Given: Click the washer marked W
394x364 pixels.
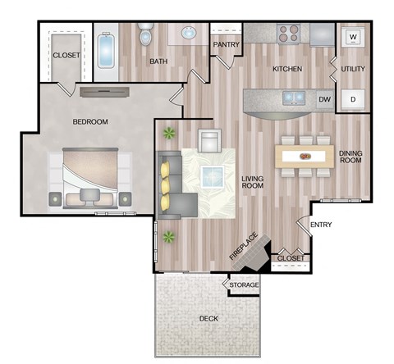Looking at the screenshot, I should coord(353,37).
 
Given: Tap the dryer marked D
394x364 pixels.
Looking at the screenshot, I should coord(353,99).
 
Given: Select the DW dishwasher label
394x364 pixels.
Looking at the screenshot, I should coord(324,99).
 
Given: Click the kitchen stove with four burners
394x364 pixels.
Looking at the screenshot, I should coord(288,34).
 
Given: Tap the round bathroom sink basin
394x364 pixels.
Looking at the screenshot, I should coord(188,34).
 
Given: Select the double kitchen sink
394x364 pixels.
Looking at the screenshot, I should coord(295,98).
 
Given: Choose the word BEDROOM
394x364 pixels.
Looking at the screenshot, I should coord(90,122).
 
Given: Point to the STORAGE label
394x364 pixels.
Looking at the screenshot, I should coord(244,285).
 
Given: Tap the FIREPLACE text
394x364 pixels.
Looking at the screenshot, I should coord(244,248).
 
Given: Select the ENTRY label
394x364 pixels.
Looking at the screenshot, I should coord(320,224).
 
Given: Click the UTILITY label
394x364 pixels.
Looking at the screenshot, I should coord(354,70).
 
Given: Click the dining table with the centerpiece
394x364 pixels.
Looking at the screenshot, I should coord(306,155).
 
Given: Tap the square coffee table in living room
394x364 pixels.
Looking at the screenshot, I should coord(215,175).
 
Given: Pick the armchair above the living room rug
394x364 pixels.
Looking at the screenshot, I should coord(211,140).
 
